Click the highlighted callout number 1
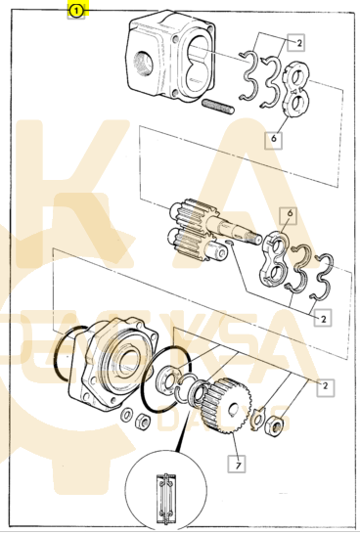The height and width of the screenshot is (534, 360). click(x=75, y=11)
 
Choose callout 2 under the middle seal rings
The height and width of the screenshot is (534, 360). click(x=322, y=318)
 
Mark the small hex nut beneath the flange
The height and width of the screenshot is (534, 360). click(x=142, y=422)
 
